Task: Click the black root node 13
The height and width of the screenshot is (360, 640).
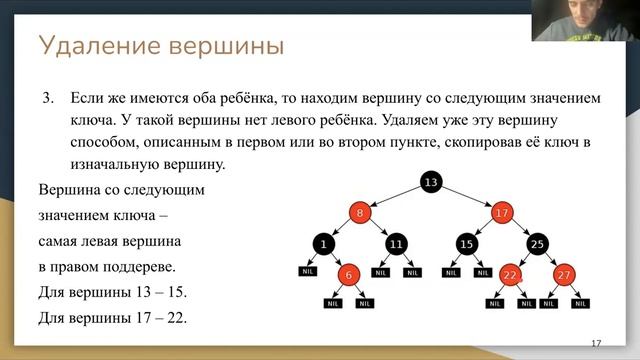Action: tap(431, 182)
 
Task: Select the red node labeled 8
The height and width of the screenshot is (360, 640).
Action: tap(360, 212)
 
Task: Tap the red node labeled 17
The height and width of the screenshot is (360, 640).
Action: tap(502, 212)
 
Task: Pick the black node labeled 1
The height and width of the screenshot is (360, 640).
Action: tap(324, 244)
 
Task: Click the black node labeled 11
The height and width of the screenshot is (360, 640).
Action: tap(396, 244)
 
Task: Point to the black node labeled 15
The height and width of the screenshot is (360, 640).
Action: tap(466, 244)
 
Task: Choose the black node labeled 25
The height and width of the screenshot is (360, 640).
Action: tap(537, 244)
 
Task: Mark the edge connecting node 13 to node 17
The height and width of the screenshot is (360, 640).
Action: tap(467, 197)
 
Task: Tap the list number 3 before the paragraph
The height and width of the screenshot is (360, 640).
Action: tap(46, 100)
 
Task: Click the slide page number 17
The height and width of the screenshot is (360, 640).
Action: tap(596, 343)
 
